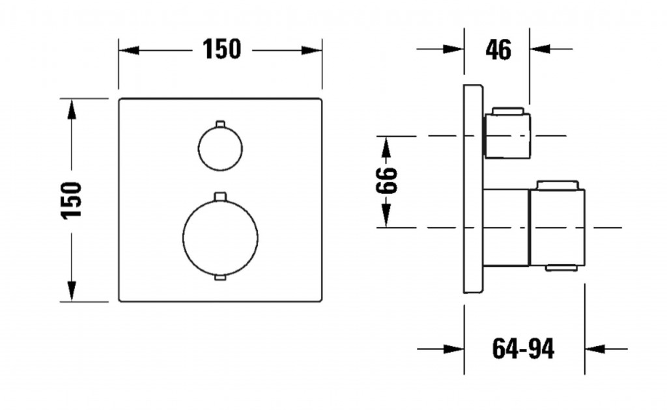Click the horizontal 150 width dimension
(221, 49)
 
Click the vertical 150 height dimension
(73, 200)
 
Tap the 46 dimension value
(498, 49)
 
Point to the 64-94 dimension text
(523, 349)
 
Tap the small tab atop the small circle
(220, 122)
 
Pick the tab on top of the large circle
(220, 195)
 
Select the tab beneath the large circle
(220, 279)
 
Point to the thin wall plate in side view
(473, 189)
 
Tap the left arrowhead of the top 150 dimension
(128, 50)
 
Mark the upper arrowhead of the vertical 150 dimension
(72, 109)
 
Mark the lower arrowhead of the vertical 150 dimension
(72, 291)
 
